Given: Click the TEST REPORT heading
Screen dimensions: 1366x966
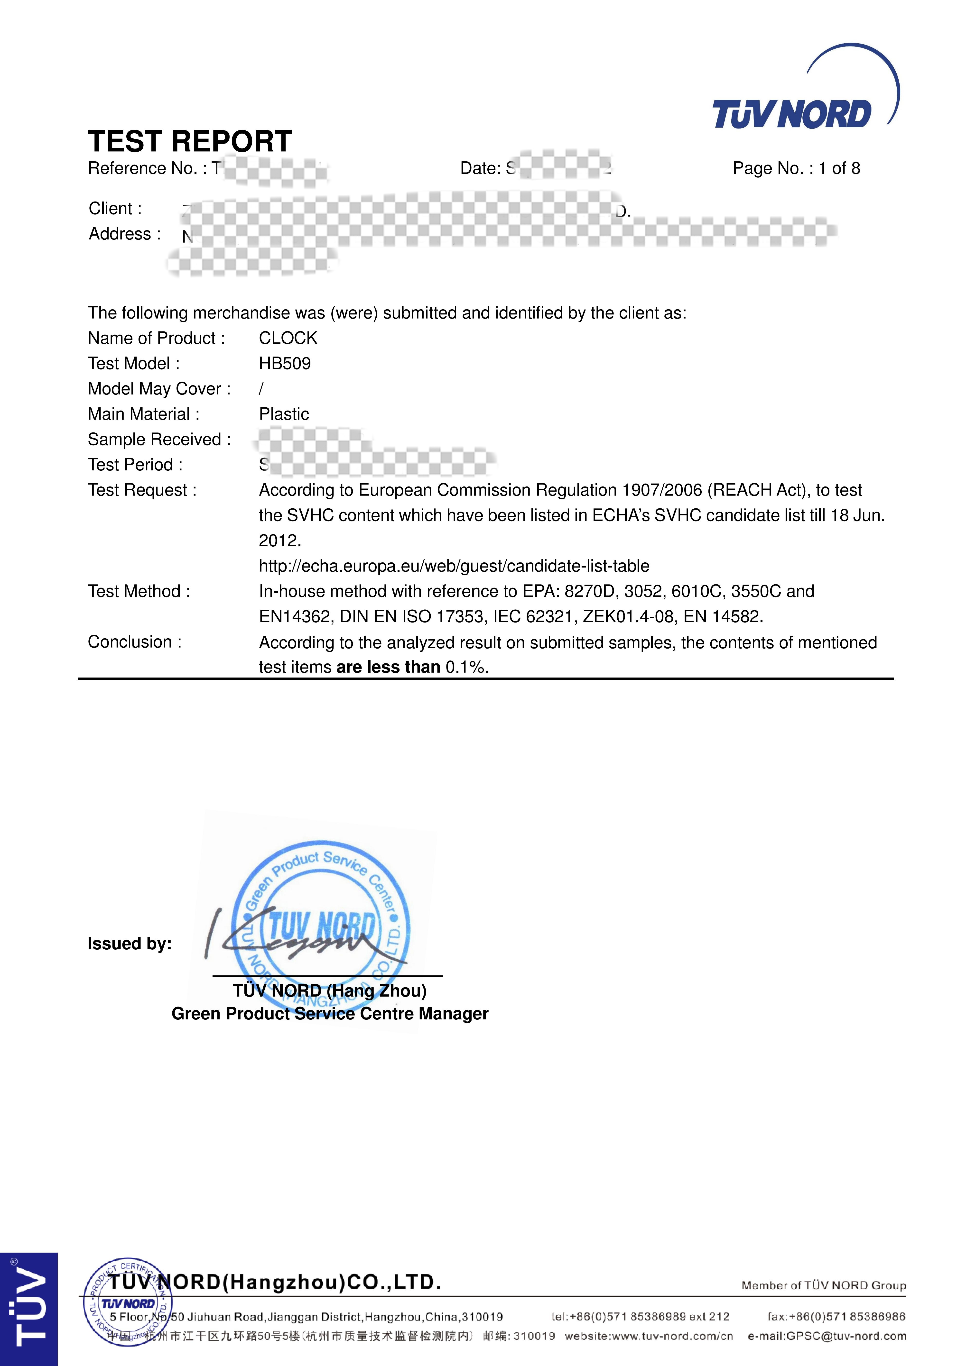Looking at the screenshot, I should (x=190, y=142).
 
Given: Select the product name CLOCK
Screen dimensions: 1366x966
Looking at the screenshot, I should (x=288, y=338).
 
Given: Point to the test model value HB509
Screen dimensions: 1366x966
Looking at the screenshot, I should (x=285, y=364).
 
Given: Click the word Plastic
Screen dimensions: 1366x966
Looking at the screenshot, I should (x=284, y=414).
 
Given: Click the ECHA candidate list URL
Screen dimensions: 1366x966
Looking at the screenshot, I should (x=454, y=566).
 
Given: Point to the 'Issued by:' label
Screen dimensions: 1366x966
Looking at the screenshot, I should (x=130, y=944).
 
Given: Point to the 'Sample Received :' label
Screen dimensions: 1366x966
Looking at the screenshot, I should (x=159, y=440).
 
